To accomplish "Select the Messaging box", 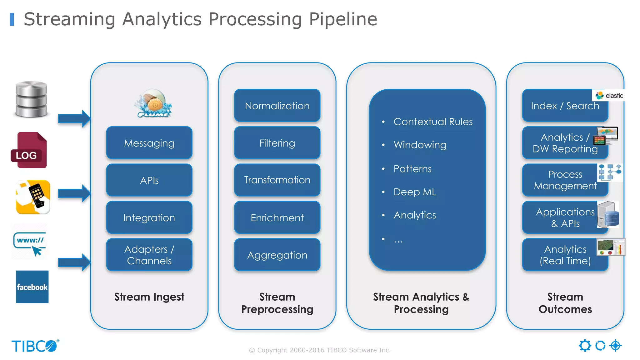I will click(x=149, y=143).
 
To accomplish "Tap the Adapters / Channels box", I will click(x=149, y=255).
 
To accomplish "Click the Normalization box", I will click(x=277, y=106).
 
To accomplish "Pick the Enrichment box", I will click(x=277, y=218).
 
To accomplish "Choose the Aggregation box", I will click(x=277, y=255).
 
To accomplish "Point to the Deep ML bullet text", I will click(x=414, y=192).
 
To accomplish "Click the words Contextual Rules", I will click(x=433, y=122).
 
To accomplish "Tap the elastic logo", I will click(x=609, y=96).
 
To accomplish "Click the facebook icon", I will click(x=32, y=287).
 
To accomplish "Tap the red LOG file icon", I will click(x=29, y=150).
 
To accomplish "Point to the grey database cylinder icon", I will click(x=31, y=99).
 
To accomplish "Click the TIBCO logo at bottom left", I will click(x=34, y=346).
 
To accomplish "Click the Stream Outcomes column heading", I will click(x=565, y=303).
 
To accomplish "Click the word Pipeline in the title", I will click(x=343, y=19).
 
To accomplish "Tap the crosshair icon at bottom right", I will click(x=615, y=346).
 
